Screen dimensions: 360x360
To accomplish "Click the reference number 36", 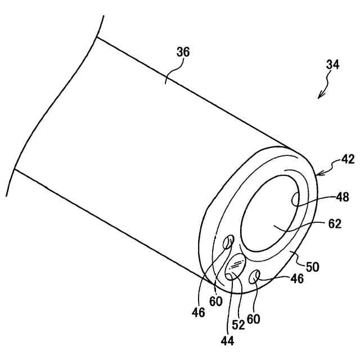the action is [183, 52].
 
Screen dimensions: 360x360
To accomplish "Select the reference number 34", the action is [332, 65].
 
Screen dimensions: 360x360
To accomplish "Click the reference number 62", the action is [335, 224].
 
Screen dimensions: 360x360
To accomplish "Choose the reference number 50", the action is [313, 266].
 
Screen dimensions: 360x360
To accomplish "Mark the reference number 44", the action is [227, 339].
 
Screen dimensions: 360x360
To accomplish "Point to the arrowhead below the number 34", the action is [319, 96].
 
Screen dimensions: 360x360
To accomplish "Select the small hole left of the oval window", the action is [228, 242].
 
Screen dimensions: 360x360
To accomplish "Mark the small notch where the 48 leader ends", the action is [296, 199].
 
